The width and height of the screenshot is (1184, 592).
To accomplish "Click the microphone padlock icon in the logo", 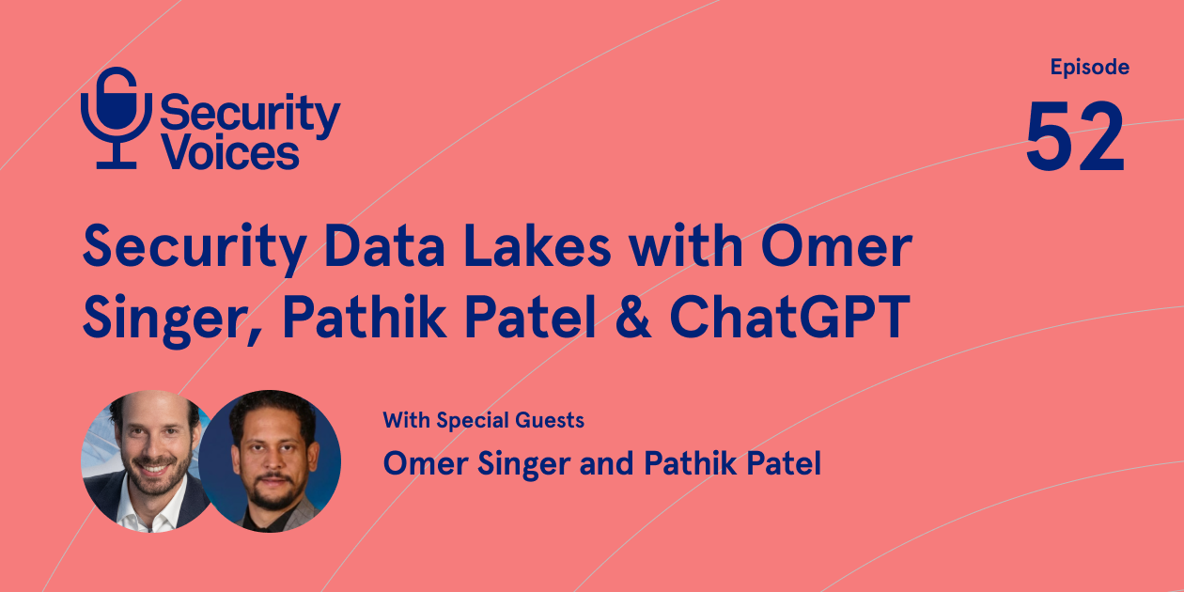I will pos(116,118).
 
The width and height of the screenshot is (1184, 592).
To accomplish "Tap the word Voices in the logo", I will pos(230,150).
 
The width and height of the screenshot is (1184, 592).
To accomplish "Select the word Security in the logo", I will pos(250,114).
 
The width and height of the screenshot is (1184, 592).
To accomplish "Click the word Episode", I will pos(1089,68).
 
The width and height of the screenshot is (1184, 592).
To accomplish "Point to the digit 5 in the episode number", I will pos(1050,138).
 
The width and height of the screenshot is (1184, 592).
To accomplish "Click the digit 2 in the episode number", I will pos(1100,138).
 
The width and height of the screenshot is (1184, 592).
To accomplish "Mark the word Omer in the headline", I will pos(836,248).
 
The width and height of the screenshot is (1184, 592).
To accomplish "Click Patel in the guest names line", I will pos(779,463).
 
